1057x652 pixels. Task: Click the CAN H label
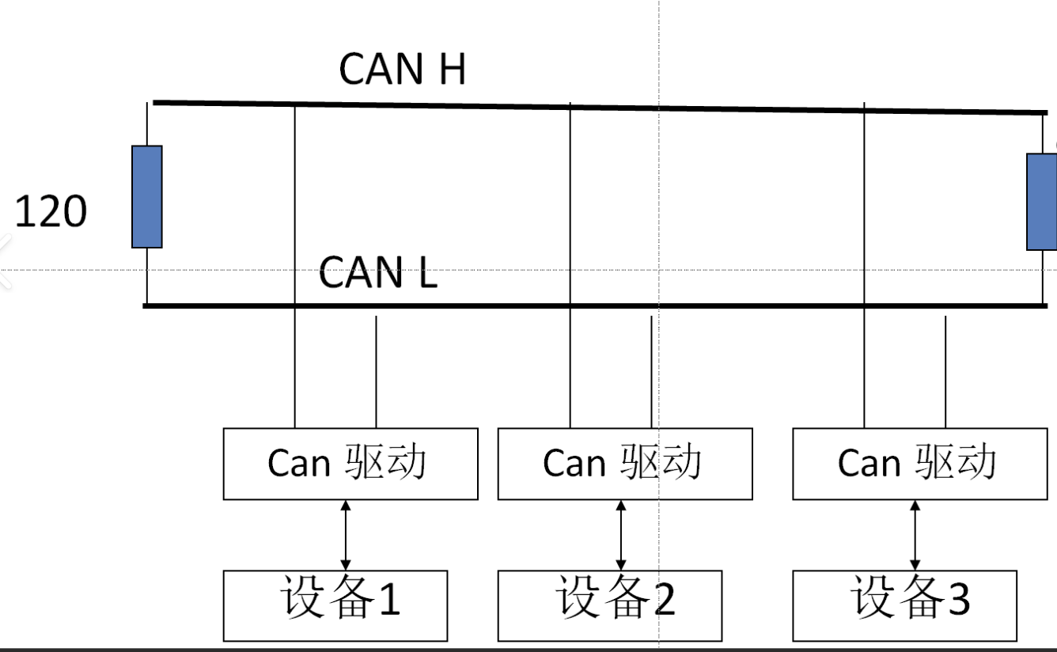click(x=402, y=69)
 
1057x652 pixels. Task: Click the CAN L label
click(x=377, y=272)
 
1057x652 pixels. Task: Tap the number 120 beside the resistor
click(x=51, y=212)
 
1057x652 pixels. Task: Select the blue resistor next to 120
click(x=147, y=197)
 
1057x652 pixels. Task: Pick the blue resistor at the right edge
click(x=1042, y=202)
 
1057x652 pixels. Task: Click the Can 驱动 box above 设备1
click(x=350, y=464)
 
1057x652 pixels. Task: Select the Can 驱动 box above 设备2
click(x=625, y=464)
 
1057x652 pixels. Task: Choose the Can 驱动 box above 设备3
click(x=919, y=464)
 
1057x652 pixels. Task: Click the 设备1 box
click(x=335, y=605)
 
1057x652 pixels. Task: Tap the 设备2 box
click(x=610, y=605)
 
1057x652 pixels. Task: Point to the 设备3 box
click(x=904, y=605)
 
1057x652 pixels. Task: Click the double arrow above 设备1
click(x=346, y=535)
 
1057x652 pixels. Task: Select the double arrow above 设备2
click(x=621, y=535)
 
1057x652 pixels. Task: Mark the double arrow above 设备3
click(x=915, y=535)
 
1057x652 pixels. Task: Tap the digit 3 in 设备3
click(x=957, y=599)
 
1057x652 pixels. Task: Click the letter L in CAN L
click(x=427, y=273)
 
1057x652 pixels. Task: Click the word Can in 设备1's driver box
click(x=298, y=464)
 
